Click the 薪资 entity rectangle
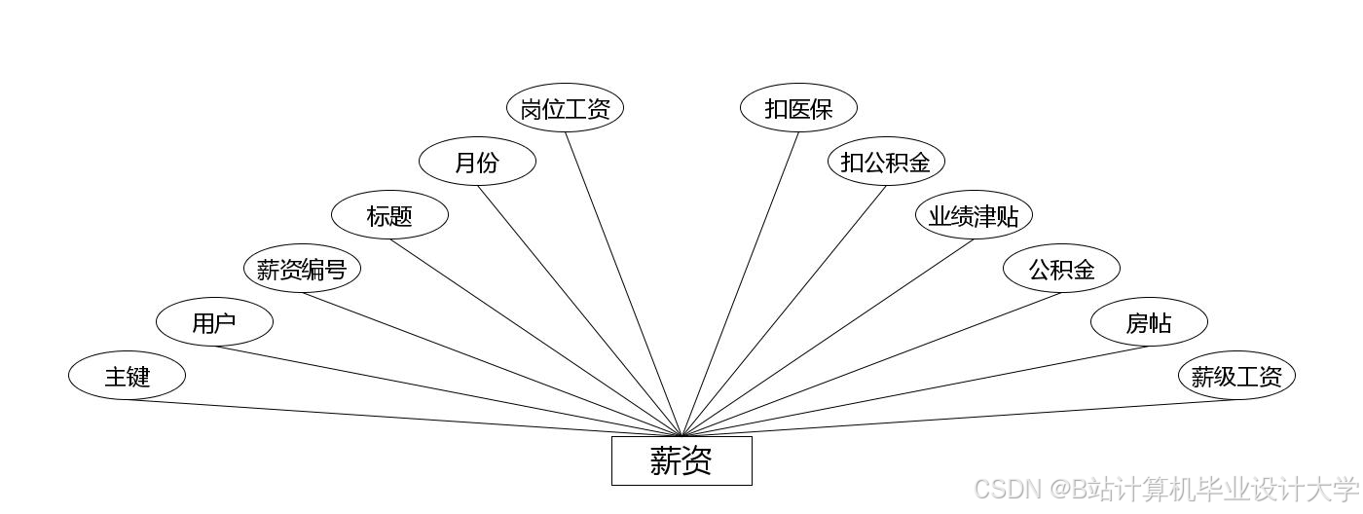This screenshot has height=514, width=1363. tap(681, 460)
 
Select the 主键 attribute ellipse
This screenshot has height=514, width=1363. tap(127, 376)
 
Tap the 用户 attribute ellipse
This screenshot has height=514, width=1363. tap(214, 322)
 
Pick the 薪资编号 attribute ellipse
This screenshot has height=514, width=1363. tap(302, 269)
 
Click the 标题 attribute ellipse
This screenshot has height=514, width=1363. tap(389, 215)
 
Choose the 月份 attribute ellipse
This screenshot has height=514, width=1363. tap(477, 162)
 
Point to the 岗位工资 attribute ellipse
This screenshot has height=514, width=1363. tap(565, 108)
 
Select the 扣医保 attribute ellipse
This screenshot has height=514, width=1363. tap(798, 108)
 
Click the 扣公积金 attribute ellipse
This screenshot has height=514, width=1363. tap(886, 162)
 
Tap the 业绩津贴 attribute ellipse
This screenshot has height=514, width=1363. tap(974, 215)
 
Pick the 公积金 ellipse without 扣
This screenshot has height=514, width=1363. tap(1061, 269)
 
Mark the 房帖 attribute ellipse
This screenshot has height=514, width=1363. tap(1149, 322)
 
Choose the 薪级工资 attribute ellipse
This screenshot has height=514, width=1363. tap(1236, 376)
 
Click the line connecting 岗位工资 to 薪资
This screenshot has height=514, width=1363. tap(623, 283)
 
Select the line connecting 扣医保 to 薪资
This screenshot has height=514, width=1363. tap(740, 283)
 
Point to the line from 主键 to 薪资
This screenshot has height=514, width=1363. tap(404, 418)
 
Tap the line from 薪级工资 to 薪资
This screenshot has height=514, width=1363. tap(959, 418)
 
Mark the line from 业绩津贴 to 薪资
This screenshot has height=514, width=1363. tap(828, 338)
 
